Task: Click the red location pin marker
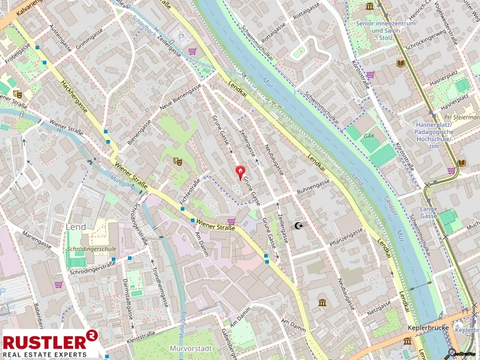240,172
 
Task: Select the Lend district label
76,227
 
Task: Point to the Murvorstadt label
191,348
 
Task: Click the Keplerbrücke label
428,327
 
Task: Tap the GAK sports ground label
369,136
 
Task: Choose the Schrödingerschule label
92,249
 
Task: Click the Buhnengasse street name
313,187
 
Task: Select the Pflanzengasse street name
346,237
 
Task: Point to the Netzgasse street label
379,308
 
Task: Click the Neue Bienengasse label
180,97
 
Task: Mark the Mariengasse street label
37,240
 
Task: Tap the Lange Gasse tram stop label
428,212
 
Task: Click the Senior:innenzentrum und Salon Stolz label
386,31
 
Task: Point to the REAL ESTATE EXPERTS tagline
44,354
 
